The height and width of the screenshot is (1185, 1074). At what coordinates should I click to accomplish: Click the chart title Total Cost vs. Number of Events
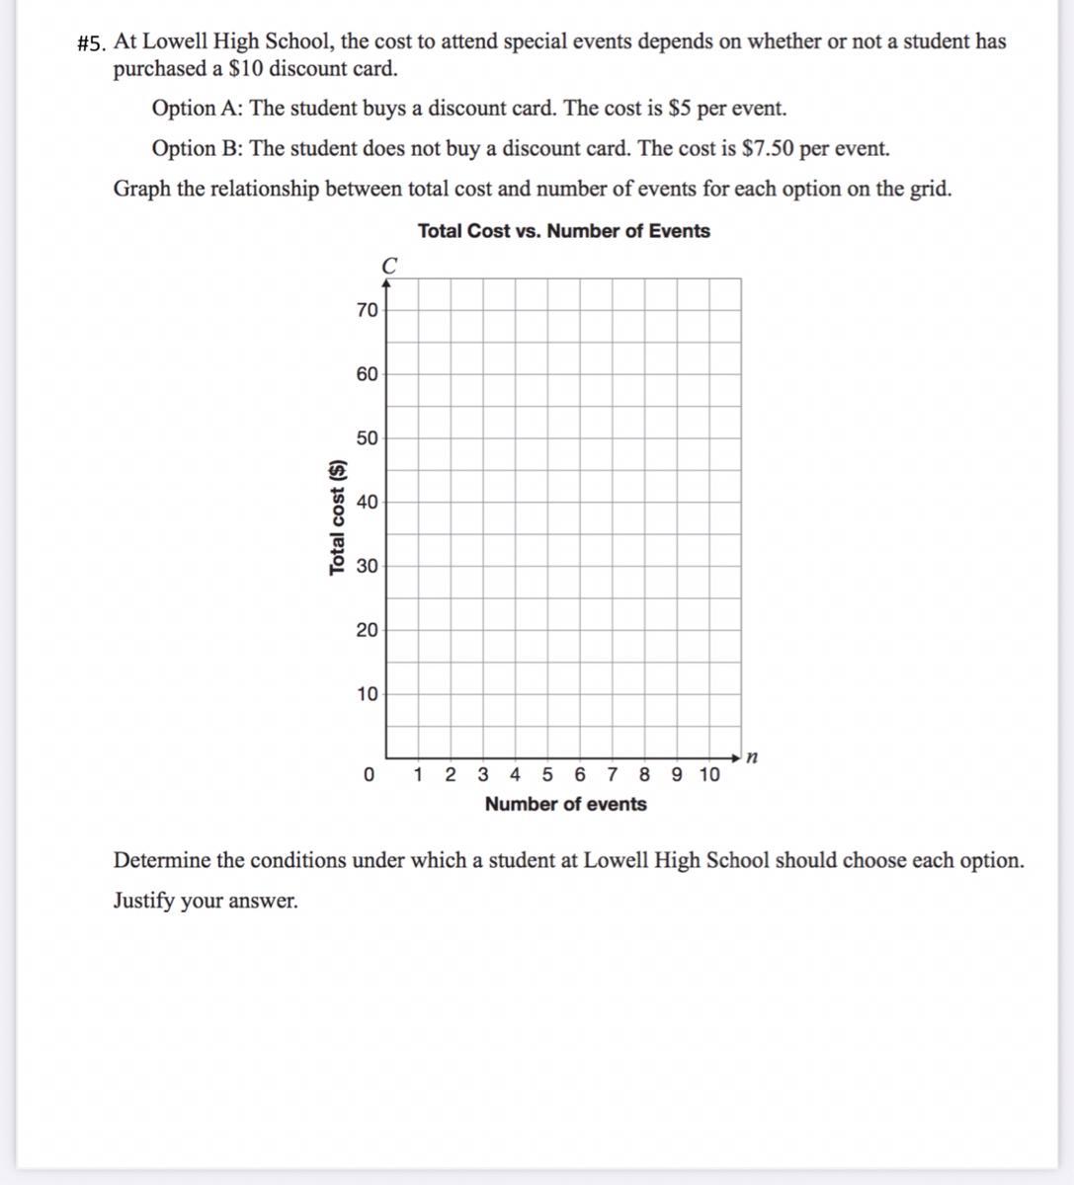click(563, 231)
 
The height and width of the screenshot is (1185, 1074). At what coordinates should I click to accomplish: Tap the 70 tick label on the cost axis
click(367, 310)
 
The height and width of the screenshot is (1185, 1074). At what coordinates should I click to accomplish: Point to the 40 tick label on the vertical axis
click(367, 502)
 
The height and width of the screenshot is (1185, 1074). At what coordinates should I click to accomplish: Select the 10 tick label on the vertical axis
click(367, 694)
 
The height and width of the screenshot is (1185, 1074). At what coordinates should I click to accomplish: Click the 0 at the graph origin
click(369, 775)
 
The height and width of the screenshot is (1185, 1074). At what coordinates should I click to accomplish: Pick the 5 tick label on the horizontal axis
click(547, 775)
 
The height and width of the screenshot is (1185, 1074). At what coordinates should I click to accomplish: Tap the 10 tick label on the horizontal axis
click(709, 775)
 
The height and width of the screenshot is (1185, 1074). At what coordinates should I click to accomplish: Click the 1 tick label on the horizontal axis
click(419, 775)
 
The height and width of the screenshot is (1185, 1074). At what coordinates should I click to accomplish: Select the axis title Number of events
click(565, 804)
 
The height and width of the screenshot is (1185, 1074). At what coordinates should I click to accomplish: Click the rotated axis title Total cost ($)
click(337, 516)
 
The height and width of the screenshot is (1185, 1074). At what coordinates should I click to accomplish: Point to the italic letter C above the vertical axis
click(389, 266)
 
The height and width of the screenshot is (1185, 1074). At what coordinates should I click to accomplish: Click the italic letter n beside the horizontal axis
click(753, 757)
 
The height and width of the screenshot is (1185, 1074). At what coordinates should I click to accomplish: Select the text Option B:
click(198, 149)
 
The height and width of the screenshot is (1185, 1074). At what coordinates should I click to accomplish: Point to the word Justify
click(145, 902)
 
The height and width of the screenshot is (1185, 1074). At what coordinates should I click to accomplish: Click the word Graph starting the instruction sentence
click(141, 190)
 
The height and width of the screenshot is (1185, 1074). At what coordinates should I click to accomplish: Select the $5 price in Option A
click(680, 109)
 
